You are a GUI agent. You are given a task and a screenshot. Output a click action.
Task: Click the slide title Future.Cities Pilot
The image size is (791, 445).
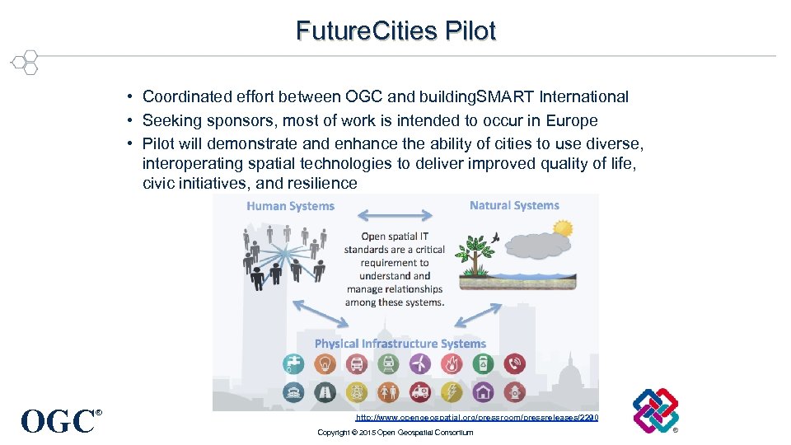coord(395,30)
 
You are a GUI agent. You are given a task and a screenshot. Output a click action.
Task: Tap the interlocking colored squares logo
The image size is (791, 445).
coord(656,410)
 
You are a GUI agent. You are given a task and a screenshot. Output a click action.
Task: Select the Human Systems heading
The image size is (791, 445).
coord(290,206)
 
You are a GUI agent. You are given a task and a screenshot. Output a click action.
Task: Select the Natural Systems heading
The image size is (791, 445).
coord(514,205)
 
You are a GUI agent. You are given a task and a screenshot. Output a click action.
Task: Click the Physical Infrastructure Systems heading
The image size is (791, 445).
coord(400,344)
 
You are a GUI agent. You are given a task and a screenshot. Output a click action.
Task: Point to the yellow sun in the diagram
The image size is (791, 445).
coord(563,227)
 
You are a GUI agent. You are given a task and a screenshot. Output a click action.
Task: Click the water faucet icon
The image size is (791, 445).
coord(293,363)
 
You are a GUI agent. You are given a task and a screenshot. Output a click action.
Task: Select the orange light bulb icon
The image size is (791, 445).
coord(325,363)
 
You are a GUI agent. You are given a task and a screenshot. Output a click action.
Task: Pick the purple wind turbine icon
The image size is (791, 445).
coord(420,363)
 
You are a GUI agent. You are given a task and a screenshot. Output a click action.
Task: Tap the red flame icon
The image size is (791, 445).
coord(452,363)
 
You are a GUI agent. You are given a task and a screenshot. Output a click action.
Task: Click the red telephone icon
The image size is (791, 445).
coord(515,363)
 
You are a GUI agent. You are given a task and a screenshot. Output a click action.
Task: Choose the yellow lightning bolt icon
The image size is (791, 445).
coord(452,391)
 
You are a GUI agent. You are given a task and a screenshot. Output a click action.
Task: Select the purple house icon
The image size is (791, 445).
coord(484,391)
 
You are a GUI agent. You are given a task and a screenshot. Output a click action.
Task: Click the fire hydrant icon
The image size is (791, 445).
coord(515,391)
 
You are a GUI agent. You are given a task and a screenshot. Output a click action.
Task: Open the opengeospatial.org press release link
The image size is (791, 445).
coord(477,418)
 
